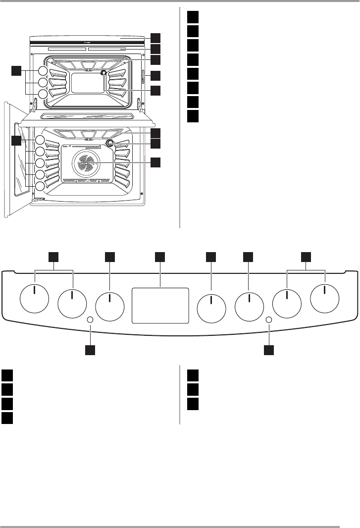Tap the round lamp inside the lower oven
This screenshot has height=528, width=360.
pos(109,143)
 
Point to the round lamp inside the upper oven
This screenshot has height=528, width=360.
pos(103,73)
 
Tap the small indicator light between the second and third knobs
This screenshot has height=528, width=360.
pos(91,320)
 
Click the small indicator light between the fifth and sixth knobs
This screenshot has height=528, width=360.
pos(269,320)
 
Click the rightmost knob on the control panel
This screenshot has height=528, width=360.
pos(325,299)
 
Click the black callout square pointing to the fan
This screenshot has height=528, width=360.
pos(156,162)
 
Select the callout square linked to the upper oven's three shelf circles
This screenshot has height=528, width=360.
pos(17,71)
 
